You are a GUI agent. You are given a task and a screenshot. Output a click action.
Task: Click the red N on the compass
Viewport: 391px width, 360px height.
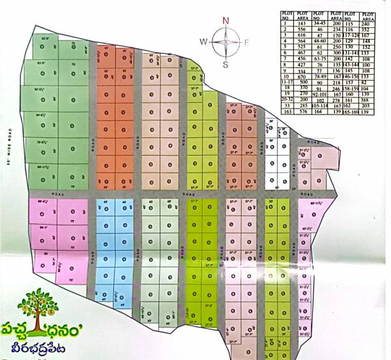(x=225, y=21)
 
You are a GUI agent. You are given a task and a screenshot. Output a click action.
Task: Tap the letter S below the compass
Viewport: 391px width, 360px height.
(x=225, y=64)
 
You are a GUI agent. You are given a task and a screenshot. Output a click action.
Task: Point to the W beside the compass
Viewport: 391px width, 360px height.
(x=203, y=42)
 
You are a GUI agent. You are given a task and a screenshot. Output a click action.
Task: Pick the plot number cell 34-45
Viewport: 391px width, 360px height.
(x=319, y=23)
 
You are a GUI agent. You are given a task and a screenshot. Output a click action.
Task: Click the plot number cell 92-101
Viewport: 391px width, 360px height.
(x=319, y=94)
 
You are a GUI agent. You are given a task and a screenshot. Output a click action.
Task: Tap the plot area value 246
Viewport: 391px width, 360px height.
(x=336, y=88)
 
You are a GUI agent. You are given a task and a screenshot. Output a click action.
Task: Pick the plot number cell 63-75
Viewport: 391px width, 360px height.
(x=319, y=59)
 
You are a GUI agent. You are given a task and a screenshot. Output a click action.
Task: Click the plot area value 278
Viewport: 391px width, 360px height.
(x=336, y=100)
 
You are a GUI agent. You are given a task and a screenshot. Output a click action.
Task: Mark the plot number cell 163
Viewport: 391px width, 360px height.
(x=285, y=112)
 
